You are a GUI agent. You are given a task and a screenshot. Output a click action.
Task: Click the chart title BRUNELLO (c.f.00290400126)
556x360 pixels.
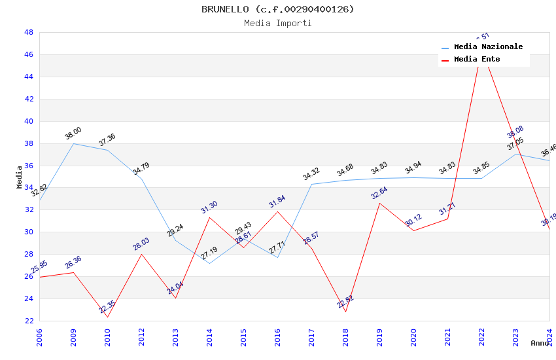click(278, 9)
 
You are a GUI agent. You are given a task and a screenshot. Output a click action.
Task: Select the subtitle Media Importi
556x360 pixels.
click(278, 24)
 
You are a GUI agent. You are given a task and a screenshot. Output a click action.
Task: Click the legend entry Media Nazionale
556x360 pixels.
click(488, 47)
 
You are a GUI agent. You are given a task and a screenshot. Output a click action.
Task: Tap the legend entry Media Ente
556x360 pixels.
click(477, 60)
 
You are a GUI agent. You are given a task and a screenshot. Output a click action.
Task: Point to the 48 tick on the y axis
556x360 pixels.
click(29, 32)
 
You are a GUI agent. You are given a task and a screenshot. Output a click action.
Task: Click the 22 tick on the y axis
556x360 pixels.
click(29, 321)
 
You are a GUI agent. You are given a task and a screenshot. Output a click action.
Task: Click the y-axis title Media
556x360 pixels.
click(20, 177)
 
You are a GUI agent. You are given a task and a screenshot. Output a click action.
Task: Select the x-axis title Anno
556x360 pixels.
click(540, 343)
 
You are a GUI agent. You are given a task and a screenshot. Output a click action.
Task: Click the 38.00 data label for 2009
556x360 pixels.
click(73, 134)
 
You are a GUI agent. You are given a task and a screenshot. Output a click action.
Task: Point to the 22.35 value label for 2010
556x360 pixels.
click(107, 306)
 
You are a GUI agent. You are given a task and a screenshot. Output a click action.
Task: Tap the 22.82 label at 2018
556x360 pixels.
click(345, 302)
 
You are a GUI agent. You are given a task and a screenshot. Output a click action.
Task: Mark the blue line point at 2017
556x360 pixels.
click(311, 184)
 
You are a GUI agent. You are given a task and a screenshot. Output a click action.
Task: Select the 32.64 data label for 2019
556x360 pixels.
click(379, 193)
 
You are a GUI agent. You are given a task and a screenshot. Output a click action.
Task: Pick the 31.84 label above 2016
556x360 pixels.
click(277, 202)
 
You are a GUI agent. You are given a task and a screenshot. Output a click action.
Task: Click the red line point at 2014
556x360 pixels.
click(209, 217)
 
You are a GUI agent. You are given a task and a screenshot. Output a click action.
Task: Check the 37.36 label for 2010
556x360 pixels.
click(107, 140)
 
